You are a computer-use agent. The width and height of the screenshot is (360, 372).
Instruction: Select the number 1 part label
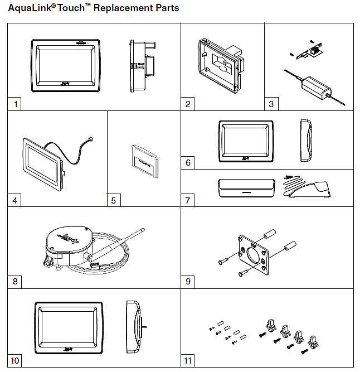16,104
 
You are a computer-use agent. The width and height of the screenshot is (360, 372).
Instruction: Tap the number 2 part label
189,104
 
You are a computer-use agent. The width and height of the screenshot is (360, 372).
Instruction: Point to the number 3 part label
271,104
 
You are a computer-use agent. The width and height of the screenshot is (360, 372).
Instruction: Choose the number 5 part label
114,200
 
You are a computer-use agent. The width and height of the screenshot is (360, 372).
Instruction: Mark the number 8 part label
16,282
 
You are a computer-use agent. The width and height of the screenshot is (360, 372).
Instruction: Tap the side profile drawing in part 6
305,140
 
